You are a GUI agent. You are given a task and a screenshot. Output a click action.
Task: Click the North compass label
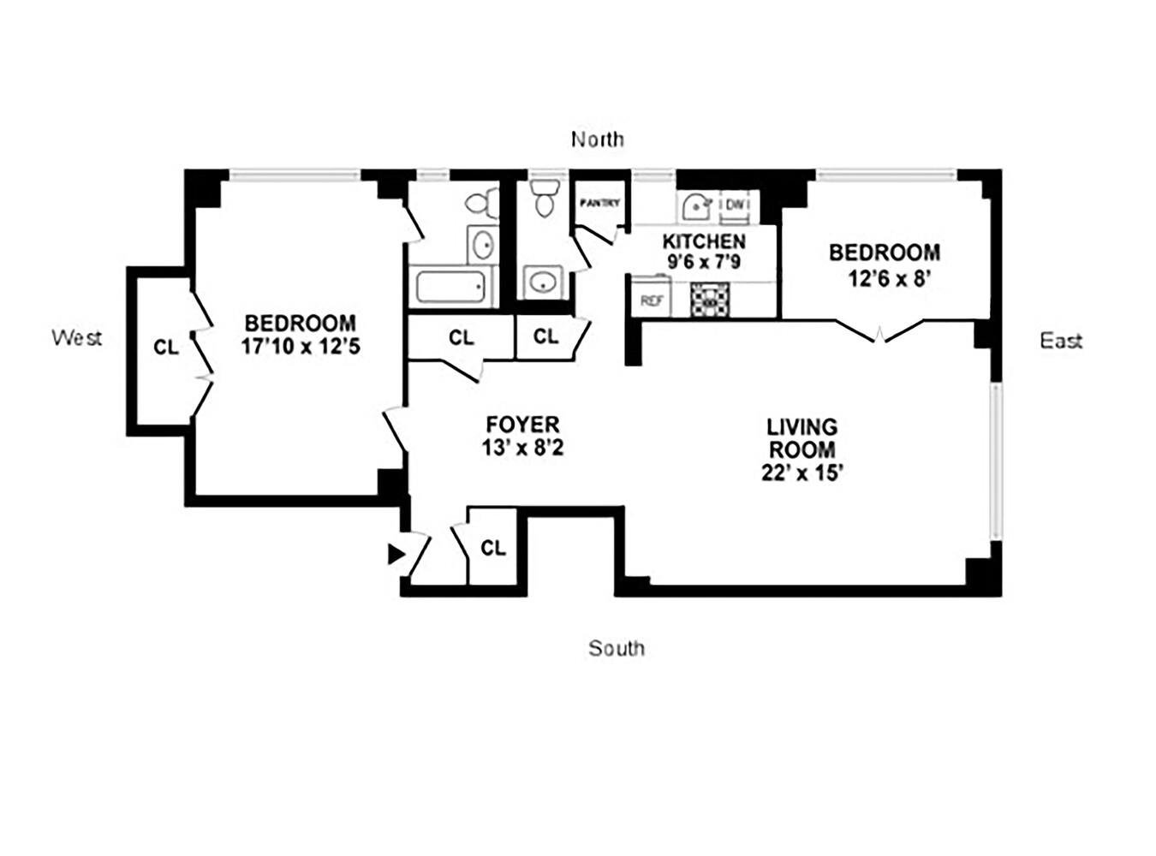coord(598,140)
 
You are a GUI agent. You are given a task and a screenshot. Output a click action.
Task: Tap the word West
coord(77,337)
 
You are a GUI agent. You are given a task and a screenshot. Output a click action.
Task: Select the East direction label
coord(1061,341)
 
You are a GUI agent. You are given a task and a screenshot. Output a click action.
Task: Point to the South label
coord(617,649)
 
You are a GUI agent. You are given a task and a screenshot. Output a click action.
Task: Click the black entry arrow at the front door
coord(396,554)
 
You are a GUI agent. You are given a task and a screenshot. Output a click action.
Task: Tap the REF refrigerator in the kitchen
coord(652,300)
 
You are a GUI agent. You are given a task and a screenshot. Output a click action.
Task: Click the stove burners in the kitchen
coord(712,299)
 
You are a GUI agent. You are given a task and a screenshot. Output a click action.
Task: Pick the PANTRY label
coord(599,204)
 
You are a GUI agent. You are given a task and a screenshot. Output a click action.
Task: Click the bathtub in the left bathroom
coord(451,286)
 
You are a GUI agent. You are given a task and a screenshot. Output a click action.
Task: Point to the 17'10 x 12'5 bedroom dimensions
coord(300,347)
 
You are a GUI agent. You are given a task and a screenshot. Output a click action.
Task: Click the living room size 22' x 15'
coord(802,473)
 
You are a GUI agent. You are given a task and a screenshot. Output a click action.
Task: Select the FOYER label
coord(522,425)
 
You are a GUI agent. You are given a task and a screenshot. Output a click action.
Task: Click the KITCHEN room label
coord(704,241)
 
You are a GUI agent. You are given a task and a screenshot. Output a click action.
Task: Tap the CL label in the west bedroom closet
coord(166,348)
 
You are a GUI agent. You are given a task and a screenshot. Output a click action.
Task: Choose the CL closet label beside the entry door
coord(493,548)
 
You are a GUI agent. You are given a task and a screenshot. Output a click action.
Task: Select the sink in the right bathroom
coord(541,282)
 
